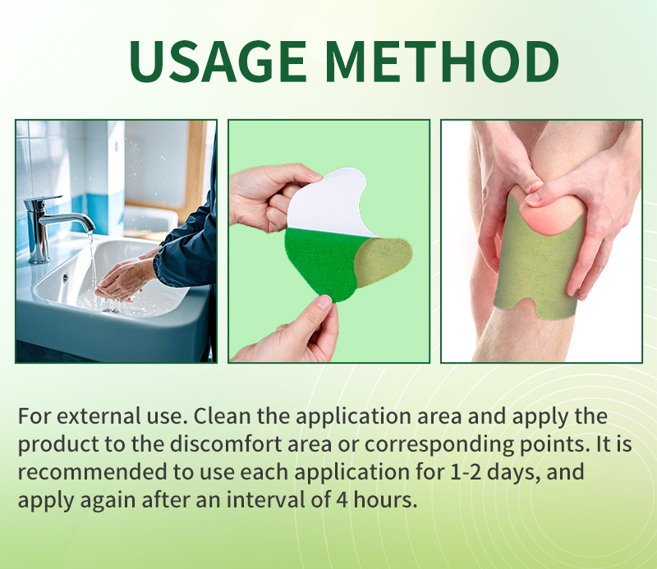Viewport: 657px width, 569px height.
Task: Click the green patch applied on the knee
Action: pyautogui.click(x=542, y=263)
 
